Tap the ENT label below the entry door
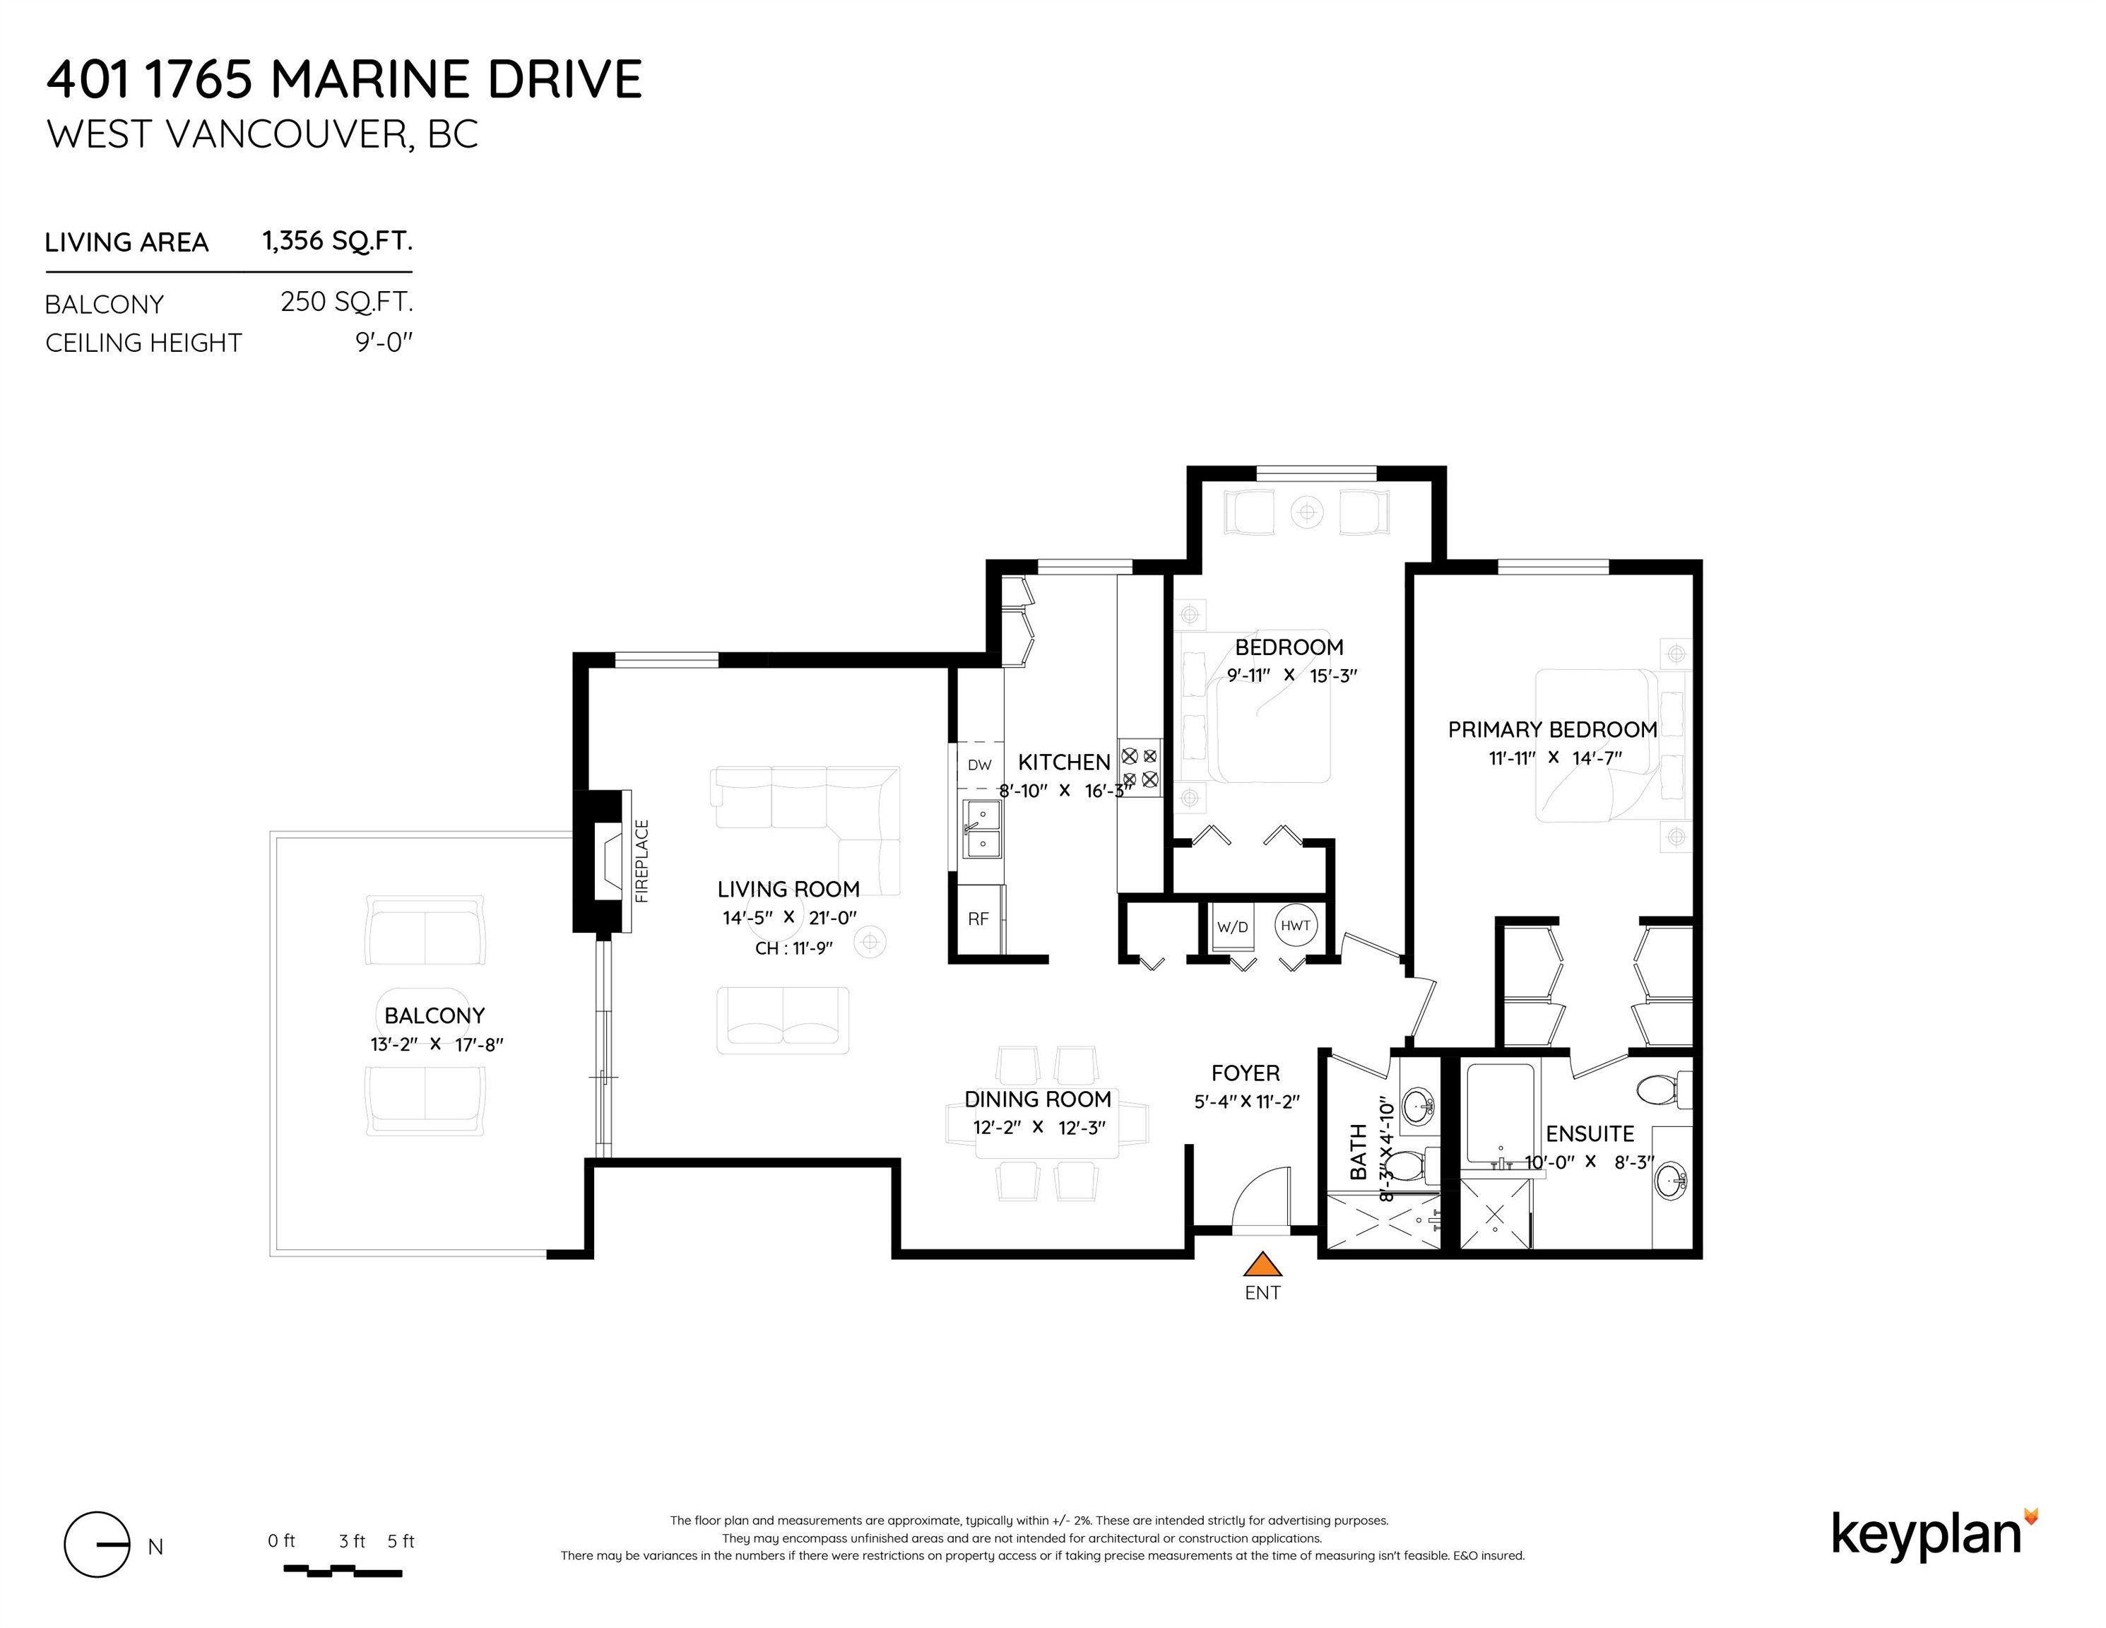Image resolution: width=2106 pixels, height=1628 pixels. [1262, 1293]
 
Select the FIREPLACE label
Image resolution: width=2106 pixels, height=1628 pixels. [642, 861]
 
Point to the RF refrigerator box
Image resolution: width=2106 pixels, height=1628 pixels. [978, 919]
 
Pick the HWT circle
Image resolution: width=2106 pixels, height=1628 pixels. [1295, 926]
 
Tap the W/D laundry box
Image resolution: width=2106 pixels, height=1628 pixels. [1232, 928]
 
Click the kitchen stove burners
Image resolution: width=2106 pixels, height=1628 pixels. [1140, 767]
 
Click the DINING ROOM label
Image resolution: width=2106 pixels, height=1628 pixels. [1038, 1099]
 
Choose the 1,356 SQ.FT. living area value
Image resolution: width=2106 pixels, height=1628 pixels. [338, 240]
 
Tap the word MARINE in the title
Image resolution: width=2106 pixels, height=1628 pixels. [371, 79]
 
